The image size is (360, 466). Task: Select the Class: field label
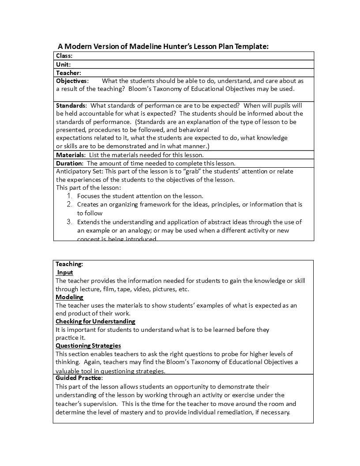[64, 56]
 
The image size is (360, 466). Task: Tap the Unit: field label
[64, 64]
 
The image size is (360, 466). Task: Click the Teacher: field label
[68, 73]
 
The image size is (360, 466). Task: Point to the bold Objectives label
[72, 81]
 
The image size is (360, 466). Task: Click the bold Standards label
[71, 105]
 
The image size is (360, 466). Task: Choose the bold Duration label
[70, 163]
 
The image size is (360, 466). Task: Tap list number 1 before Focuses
[69, 196]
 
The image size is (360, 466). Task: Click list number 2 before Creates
[69, 204]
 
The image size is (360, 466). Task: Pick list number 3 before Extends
[69, 222]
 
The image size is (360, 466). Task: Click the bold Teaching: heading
[69, 264]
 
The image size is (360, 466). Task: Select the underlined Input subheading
[65, 273]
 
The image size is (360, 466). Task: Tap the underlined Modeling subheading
[69, 297]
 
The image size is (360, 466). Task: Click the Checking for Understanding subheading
[95, 321]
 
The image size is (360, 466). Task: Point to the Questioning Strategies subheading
[88, 346]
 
